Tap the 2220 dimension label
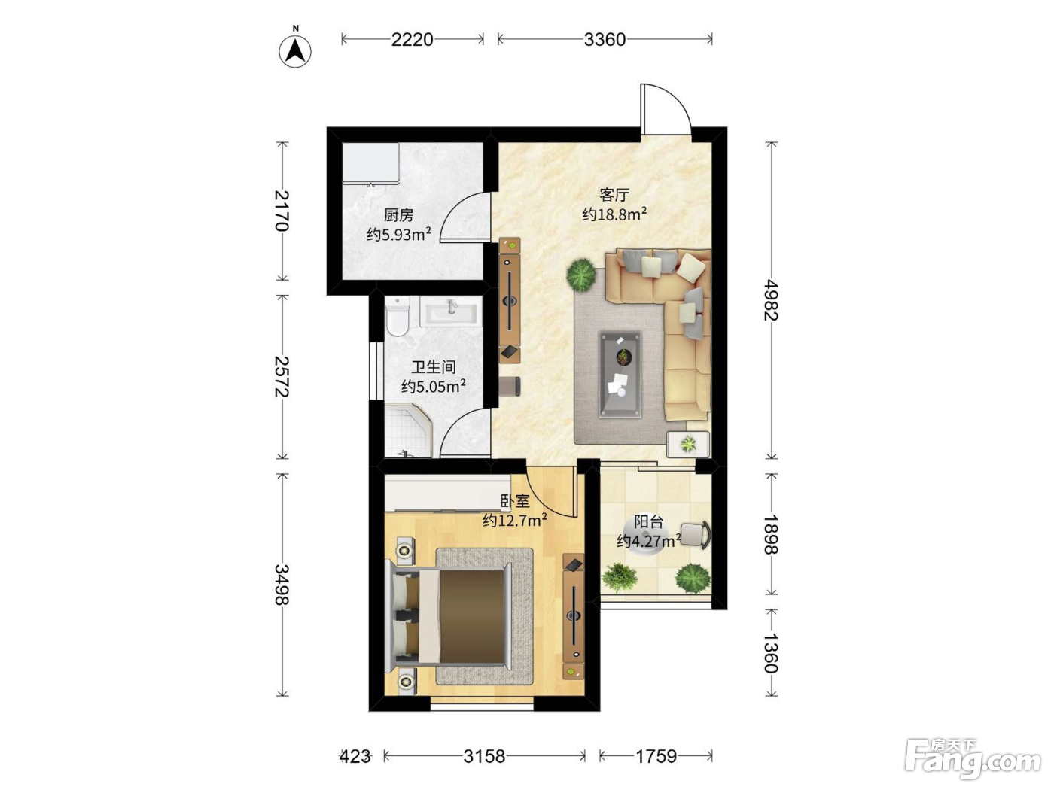pos(412,40)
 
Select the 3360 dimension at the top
pos(605,40)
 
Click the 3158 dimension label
pos(484,756)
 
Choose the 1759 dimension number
pos(656,756)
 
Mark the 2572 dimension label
pos(282,376)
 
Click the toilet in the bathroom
pos(397,317)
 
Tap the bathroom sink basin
pos(451,311)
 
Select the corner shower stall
pos(409,430)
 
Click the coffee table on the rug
pos(621,375)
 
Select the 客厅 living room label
pos(614,195)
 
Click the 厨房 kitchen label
pos(398,215)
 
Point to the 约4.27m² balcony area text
pos(649,540)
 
